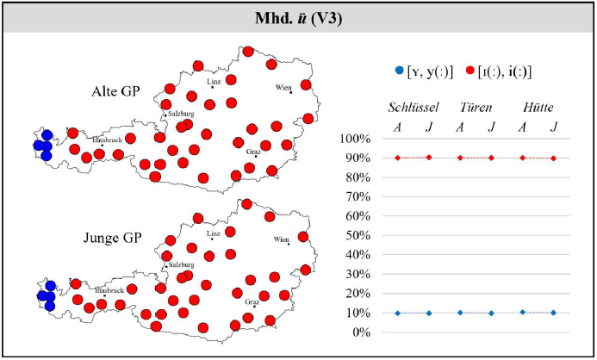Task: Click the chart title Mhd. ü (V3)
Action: click(x=298, y=16)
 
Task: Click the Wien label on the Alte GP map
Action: click(x=283, y=88)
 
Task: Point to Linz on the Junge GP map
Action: click(x=215, y=233)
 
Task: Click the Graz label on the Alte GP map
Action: click(x=253, y=152)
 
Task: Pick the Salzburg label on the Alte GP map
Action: click(x=182, y=113)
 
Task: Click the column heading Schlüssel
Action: click(x=414, y=108)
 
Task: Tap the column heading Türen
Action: click(x=476, y=108)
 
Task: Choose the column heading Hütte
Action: click(x=538, y=108)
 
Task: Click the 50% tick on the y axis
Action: click(x=356, y=235)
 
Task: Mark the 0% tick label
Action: click(x=359, y=332)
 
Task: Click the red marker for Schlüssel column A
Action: click(x=398, y=158)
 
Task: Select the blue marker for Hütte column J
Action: click(x=553, y=313)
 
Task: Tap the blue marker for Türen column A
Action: click(x=460, y=313)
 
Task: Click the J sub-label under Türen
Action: click(x=491, y=127)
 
